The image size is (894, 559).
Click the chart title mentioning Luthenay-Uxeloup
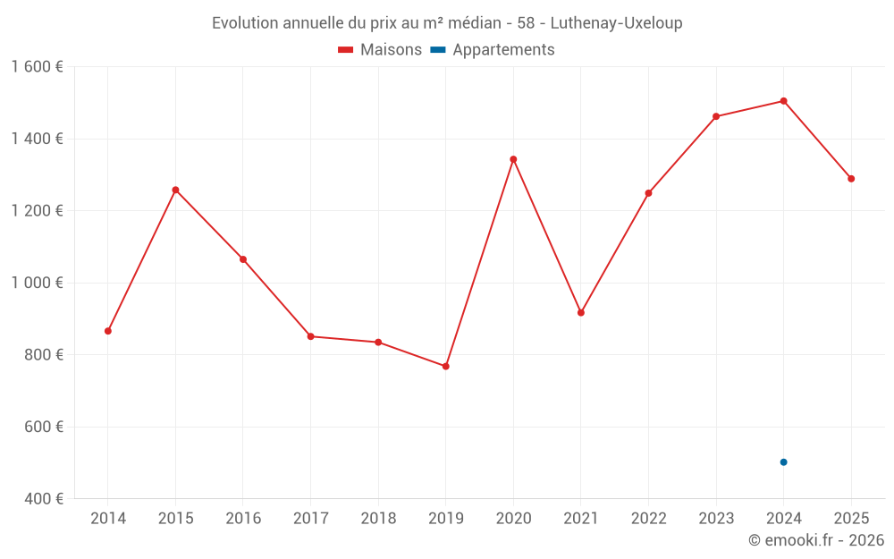(x=447, y=23)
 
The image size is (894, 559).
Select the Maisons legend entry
(x=380, y=50)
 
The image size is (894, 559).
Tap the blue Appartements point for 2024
(x=783, y=462)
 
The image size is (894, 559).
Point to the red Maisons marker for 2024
(x=783, y=101)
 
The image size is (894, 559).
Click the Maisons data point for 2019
(x=445, y=366)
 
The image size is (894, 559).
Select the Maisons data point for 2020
(x=513, y=159)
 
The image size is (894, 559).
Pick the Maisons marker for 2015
(x=175, y=190)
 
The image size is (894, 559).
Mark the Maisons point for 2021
(x=581, y=312)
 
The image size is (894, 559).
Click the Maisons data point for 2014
(x=108, y=331)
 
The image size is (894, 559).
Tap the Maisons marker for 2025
(x=851, y=179)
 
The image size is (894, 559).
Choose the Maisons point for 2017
(x=310, y=336)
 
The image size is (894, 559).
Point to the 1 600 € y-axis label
(x=37, y=67)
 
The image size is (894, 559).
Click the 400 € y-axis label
(x=42, y=498)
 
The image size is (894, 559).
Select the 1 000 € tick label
(x=37, y=283)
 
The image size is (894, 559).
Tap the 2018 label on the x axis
(x=378, y=519)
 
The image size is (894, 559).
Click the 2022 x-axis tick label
(x=648, y=519)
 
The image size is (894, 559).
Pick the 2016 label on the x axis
(x=243, y=519)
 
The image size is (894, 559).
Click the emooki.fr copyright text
(x=815, y=540)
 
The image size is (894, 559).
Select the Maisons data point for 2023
(x=716, y=116)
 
